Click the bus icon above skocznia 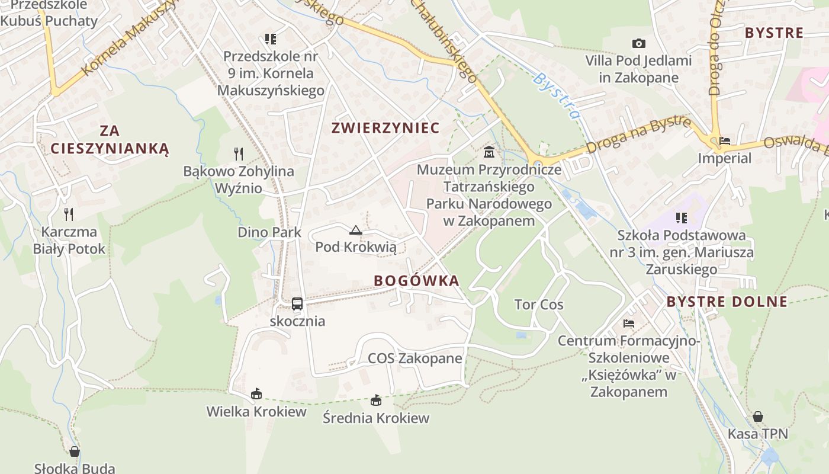pos(297,304)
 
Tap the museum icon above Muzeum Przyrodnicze pos(489,152)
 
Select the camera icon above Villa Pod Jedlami pos(638,43)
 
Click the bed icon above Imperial pos(724,141)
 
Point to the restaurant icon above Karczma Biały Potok pos(69,214)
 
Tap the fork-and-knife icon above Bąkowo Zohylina pos(239,154)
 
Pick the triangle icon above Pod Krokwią pos(356,230)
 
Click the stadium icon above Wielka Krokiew pos(256,393)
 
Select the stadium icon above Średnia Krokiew pos(376,401)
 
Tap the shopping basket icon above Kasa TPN pos(758,417)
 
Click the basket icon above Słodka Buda pos(75,451)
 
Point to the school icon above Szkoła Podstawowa pos(682,218)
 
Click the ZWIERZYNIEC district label pos(385,128)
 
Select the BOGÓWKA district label pos(417,281)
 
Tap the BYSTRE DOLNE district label pos(727,302)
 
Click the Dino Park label pos(269,232)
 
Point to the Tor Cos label pos(539,305)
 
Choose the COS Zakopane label pos(415,358)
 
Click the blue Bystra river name pos(556,95)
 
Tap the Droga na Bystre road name pos(639,135)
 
